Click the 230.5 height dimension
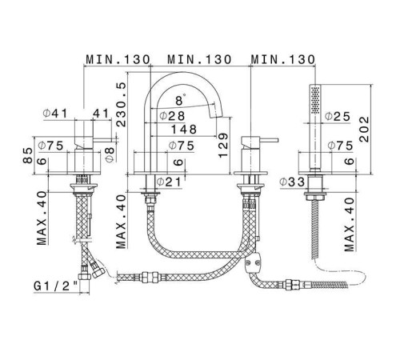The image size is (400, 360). tap(121, 105)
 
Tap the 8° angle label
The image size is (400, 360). tap(180, 101)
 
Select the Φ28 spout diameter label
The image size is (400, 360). tap(172, 116)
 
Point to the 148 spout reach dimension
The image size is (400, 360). tap(184, 130)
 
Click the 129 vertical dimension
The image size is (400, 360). tap(223, 145)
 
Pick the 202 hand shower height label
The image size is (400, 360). tap(364, 130)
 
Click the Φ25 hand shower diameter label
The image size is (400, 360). tap(338, 116)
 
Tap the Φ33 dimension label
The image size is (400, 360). tap(292, 182)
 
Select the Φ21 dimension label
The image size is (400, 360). tap(169, 182)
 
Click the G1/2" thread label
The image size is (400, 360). tap(56, 286)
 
